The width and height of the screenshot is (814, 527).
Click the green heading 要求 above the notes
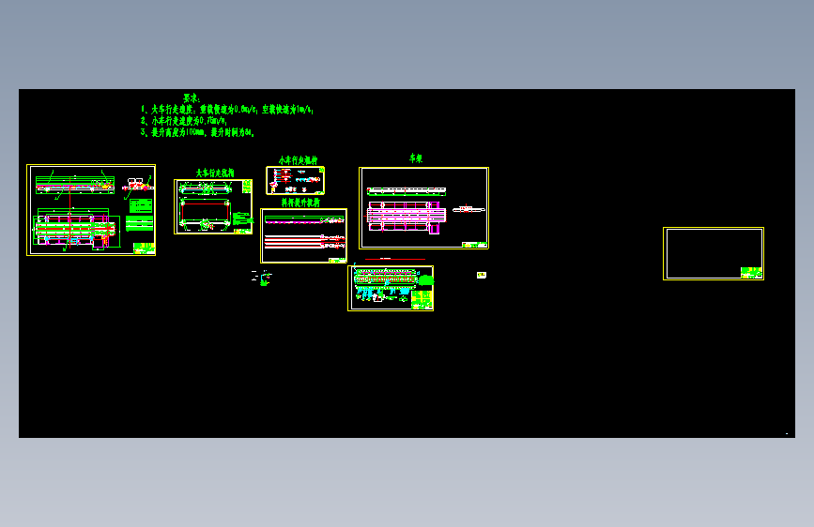click(x=192, y=98)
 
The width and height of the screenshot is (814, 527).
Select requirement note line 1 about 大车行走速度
click(x=226, y=110)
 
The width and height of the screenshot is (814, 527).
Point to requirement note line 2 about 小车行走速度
click(x=184, y=121)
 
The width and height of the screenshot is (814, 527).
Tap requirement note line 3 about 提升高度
click(x=197, y=133)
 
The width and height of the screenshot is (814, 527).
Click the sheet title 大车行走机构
click(x=215, y=173)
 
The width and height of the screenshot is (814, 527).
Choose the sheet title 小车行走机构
click(x=298, y=161)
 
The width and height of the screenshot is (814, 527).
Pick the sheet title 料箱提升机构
click(x=300, y=203)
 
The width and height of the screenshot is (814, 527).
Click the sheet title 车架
click(x=416, y=159)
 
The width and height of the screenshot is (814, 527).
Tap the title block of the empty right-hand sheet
click(x=751, y=272)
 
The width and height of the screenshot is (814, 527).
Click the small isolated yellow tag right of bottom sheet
click(x=482, y=275)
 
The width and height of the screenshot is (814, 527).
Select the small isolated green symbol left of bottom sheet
click(x=264, y=277)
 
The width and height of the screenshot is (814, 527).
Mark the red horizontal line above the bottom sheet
click(x=394, y=260)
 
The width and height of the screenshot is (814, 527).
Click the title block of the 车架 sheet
click(x=475, y=244)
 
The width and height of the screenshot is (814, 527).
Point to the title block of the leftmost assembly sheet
click(x=143, y=248)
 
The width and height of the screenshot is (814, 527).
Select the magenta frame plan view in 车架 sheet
click(x=405, y=214)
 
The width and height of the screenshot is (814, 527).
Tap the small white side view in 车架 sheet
click(x=468, y=209)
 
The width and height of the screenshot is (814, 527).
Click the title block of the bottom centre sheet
click(x=422, y=299)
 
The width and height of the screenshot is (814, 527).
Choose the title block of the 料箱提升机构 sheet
click(x=335, y=259)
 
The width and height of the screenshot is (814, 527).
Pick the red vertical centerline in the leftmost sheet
click(x=69, y=211)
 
